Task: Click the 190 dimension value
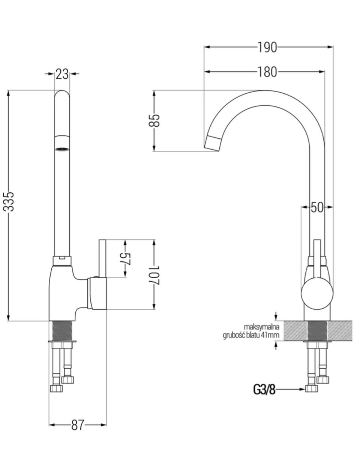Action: pyautogui.click(x=267, y=47)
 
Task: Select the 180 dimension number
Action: pyautogui.click(x=267, y=72)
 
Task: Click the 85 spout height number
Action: pyautogui.click(x=154, y=121)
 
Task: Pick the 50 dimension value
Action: pyautogui.click(x=317, y=208)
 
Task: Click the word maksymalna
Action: pyautogui.click(x=261, y=327)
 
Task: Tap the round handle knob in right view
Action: pyautogui.click(x=317, y=294)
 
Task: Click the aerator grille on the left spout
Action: pyautogui.click(x=62, y=149)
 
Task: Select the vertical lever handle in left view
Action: pyautogui.click(x=102, y=258)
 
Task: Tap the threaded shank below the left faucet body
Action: pyautogui.click(x=62, y=331)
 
